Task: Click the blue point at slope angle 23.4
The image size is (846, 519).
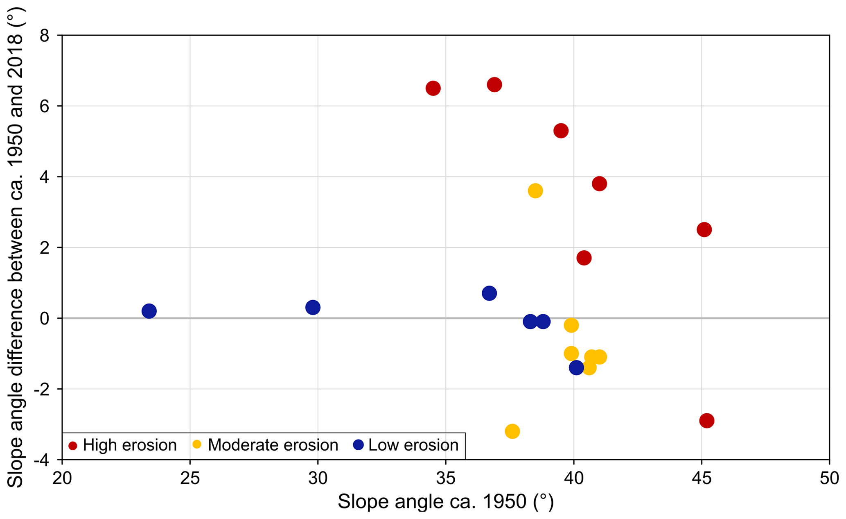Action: (x=149, y=311)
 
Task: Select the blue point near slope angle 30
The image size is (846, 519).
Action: (x=313, y=307)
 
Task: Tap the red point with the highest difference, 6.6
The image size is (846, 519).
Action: (x=494, y=85)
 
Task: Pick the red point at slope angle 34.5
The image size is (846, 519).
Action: (x=433, y=88)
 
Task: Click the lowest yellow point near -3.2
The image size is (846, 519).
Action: (x=512, y=431)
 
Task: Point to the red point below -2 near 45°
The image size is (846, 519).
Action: (x=707, y=421)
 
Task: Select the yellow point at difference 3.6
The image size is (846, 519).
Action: (x=535, y=191)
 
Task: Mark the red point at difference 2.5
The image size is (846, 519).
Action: (x=704, y=229)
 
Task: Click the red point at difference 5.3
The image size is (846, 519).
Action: (x=561, y=131)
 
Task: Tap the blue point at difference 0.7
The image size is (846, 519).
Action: (x=489, y=293)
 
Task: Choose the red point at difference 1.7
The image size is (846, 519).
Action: (x=584, y=258)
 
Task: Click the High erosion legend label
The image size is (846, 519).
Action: (x=129, y=445)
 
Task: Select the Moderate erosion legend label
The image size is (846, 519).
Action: (x=273, y=445)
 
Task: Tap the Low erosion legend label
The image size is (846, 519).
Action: (x=413, y=445)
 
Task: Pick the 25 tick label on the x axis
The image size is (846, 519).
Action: (x=190, y=479)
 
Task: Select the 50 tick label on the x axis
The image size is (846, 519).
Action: (x=829, y=479)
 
